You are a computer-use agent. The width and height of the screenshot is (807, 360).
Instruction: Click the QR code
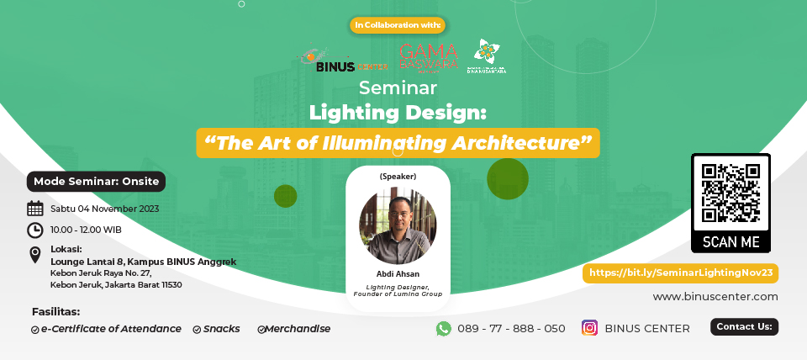pyautogui.click(x=731, y=193)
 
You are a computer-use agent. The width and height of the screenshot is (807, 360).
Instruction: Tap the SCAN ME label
pyautogui.click(x=731, y=242)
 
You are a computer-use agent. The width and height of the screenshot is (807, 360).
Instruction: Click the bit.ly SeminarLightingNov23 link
pyautogui.click(x=680, y=273)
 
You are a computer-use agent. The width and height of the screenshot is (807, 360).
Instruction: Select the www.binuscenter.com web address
pyautogui.click(x=715, y=296)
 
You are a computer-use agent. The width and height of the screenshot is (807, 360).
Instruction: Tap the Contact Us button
pyautogui.click(x=744, y=326)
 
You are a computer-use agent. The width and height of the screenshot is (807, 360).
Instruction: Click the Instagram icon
pyautogui.click(x=589, y=328)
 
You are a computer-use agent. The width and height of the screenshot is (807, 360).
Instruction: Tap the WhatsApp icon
pyautogui.click(x=444, y=328)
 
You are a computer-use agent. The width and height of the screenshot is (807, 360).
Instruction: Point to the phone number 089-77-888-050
pyautogui.click(x=511, y=328)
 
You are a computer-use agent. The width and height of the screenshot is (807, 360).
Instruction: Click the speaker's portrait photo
pyautogui.click(x=398, y=226)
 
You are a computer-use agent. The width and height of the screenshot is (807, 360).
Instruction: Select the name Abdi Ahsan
pyautogui.click(x=398, y=274)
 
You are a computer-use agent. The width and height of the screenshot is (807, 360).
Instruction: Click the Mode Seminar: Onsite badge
pyautogui.click(x=96, y=181)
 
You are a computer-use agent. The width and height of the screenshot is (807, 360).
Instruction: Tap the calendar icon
pyautogui.click(x=35, y=209)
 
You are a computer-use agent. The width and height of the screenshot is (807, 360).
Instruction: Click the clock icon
pyautogui.click(x=35, y=230)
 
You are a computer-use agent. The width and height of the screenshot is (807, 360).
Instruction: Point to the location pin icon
pyautogui.click(x=35, y=255)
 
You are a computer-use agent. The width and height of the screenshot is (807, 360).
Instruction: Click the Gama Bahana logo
pyautogui.click(x=429, y=57)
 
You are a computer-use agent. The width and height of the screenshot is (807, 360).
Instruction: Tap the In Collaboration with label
pyautogui.click(x=398, y=25)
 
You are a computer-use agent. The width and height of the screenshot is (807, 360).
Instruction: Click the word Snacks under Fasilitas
pyautogui.click(x=221, y=329)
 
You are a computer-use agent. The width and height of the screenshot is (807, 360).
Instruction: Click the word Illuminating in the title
pyautogui.click(x=372, y=142)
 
